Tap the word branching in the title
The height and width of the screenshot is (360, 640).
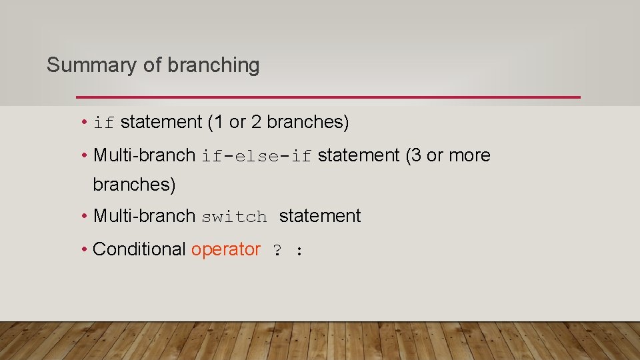pyautogui.click(x=213, y=65)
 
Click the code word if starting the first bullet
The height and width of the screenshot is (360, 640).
pyautogui.click(x=104, y=123)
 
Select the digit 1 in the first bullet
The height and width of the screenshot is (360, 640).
pyautogui.click(x=219, y=122)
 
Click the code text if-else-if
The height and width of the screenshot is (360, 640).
pyautogui.click(x=257, y=156)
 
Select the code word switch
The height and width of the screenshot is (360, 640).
pyautogui.click(x=234, y=217)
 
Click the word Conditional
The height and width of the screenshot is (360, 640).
pyautogui.click(x=139, y=249)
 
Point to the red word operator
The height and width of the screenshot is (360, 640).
pyautogui.click(x=226, y=249)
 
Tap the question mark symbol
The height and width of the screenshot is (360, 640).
pyautogui.click(x=277, y=251)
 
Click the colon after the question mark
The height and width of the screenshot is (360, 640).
pyautogui.click(x=300, y=251)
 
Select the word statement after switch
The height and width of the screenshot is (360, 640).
pyautogui.click(x=320, y=216)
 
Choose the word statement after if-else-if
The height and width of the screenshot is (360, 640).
pyautogui.click(x=359, y=155)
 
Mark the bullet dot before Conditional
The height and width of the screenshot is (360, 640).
pyautogui.click(x=85, y=250)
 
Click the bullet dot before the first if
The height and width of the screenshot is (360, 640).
pyautogui.click(x=85, y=123)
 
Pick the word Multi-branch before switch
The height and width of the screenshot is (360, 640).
pyautogui.click(x=144, y=216)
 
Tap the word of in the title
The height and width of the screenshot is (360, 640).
pyautogui.click(x=152, y=65)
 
